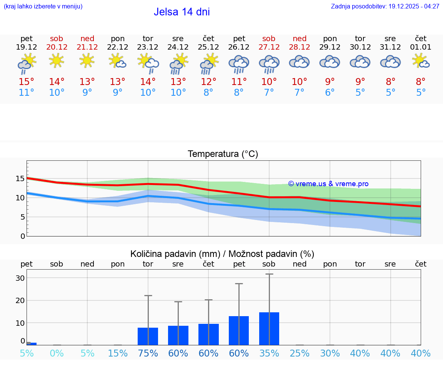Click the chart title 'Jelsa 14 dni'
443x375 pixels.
pos(182,12)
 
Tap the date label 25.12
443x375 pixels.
pos(208,47)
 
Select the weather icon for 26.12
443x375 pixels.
pos(239,64)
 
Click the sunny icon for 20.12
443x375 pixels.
pos(57,60)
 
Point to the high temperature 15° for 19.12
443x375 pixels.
pos(27,82)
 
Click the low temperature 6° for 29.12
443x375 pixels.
pos(330,93)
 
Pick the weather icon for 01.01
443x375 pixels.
pos(421,61)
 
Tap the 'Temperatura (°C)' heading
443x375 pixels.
pos(223,154)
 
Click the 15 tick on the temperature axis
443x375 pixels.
pos(20,178)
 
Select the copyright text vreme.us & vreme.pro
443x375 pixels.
pos(328,184)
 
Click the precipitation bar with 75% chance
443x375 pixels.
pos(148,336)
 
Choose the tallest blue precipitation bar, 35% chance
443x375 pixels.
pos(269,328)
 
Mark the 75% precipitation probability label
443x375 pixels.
pos(148,353)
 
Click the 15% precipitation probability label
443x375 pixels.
pos(118,353)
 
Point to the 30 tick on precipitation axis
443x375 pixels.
pos(20,278)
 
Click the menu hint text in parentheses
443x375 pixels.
pos(43,7)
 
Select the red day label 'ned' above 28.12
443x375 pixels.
pos(300,38)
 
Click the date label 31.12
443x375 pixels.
pos(390,47)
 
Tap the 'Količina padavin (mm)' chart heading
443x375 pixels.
pos(222,254)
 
